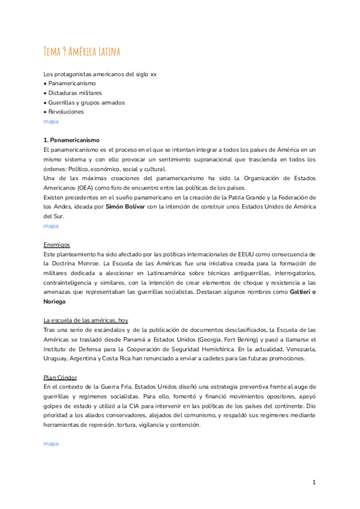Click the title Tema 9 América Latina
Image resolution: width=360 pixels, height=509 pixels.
point(82,52)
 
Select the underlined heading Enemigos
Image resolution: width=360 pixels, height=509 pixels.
point(57,244)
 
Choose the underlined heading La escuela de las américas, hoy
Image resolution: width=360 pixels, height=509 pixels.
point(86,320)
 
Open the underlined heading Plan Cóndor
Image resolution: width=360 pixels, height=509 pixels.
point(60,377)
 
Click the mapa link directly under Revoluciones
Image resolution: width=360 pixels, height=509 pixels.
point(52,121)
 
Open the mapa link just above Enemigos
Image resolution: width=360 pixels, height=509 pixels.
point(52,226)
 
